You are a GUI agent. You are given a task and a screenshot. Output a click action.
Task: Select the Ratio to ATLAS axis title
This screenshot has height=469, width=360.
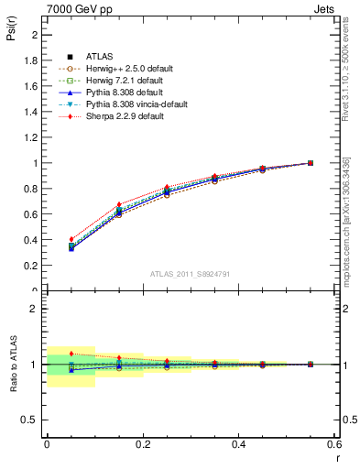point(13,365)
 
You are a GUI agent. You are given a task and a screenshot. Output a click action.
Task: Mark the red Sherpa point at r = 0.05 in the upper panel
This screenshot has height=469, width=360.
point(71,239)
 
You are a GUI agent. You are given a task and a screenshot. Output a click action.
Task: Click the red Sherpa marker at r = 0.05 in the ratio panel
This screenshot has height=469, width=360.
point(71,354)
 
